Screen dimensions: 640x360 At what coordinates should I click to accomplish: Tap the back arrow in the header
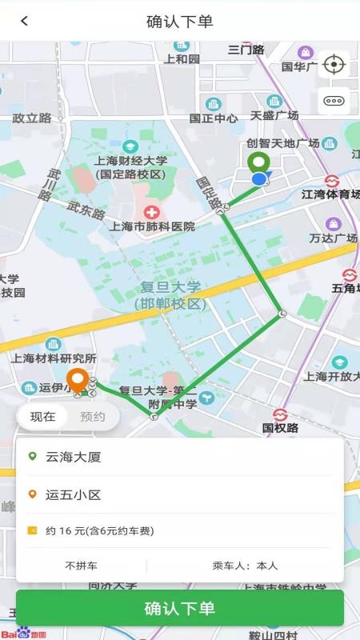[x=24, y=21]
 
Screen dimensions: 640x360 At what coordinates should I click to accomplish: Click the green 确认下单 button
[x=180, y=608]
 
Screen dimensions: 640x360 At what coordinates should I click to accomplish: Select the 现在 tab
[x=43, y=416]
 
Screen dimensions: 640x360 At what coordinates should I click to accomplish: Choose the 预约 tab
[x=93, y=416]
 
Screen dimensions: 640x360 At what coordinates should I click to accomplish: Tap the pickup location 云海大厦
[x=74, y=457]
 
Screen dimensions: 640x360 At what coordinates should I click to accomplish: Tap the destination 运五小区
[x=74, y=494]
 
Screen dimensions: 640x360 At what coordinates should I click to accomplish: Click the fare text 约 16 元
[x=100, y=530]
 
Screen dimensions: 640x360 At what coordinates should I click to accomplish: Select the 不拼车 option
[x=81, y=566]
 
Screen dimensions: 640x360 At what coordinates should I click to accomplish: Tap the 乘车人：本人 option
[x=245, y=566]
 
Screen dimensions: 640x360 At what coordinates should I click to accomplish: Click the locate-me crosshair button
[x=334, y=65]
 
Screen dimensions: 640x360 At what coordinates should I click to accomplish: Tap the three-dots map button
[x=334, y=101]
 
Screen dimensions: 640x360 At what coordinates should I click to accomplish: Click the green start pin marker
[x=258, y=163]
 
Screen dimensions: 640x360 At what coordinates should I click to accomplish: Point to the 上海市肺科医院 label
[x=152, y=226]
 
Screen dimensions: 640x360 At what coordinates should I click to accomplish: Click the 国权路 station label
[x=280, y=428]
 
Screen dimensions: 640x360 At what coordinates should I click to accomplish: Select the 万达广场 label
[x=334, y=238]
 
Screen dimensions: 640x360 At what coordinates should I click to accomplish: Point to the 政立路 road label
[x=32, y=118]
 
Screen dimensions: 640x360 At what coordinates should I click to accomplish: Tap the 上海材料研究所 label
[x=54, y=358]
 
